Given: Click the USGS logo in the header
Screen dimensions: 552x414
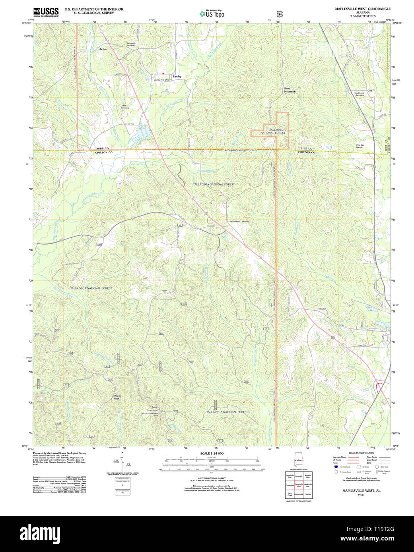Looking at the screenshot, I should [46, 12].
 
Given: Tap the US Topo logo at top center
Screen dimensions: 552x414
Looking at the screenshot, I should [212, 14].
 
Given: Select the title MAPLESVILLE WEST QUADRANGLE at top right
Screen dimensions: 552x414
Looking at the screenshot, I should [357, 9].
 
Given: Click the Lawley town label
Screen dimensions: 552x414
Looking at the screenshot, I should [177, 76].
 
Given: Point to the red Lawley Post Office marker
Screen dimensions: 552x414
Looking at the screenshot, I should [163, 73].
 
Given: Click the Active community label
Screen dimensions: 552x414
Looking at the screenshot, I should [103, 49].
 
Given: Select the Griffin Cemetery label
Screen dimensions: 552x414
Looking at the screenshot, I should [125, 106].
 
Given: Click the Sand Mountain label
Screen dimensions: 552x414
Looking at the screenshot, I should [290, 90].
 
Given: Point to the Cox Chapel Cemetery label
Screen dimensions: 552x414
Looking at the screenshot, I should [359, 94].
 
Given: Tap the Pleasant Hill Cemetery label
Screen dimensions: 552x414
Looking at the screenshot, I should [239, 222].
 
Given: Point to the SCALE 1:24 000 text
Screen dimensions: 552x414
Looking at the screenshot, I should [212, 454].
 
